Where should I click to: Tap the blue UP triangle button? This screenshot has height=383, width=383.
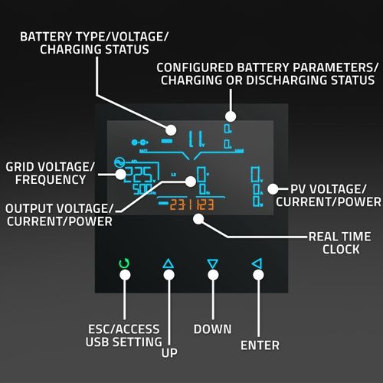(x=169, y=264)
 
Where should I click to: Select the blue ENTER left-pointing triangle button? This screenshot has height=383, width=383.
(x=257, y=264)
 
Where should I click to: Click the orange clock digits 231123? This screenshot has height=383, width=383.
(x=191, y=205)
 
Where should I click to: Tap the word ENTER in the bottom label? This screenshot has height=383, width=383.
(x=260, y=345)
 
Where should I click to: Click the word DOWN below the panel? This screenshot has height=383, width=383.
(x=212, y=329)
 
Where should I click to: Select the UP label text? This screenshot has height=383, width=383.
(x=169, y=354)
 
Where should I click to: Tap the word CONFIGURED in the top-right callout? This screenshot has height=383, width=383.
(x=194, y=67)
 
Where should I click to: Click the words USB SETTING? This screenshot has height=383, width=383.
(x=123, y=342)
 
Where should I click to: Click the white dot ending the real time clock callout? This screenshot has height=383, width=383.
(x=198, y=218)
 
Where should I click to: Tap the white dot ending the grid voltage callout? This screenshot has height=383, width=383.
(x=120, y=174)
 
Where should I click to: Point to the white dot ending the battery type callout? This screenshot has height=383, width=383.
(x=172, y=130)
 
